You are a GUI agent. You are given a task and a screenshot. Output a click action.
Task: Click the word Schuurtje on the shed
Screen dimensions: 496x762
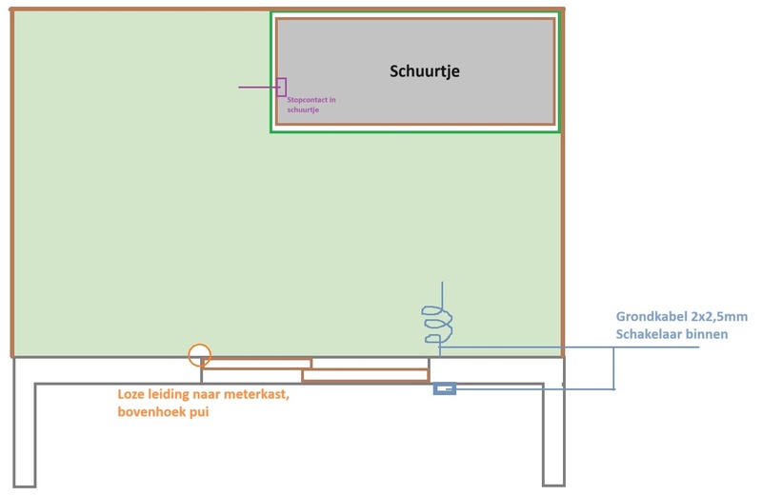tap(425, 71)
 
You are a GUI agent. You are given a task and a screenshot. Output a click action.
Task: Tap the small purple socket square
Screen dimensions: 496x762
tap(281, 87)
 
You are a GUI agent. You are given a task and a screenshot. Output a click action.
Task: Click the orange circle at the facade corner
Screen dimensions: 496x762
tap(199, 355)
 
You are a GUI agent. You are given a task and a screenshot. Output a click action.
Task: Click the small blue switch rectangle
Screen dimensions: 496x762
tap(445, 388)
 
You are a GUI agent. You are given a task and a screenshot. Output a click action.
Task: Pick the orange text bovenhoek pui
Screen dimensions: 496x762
tap(163, 412)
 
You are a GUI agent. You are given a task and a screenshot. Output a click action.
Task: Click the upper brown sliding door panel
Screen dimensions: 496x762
tap(257, 364)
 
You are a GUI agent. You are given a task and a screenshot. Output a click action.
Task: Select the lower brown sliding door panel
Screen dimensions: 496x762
tap(365, 375)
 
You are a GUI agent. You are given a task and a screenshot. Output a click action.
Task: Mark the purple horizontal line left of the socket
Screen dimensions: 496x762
tap(257, 88)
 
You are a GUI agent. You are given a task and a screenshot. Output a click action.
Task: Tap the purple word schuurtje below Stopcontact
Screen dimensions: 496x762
tap(296, 110)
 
